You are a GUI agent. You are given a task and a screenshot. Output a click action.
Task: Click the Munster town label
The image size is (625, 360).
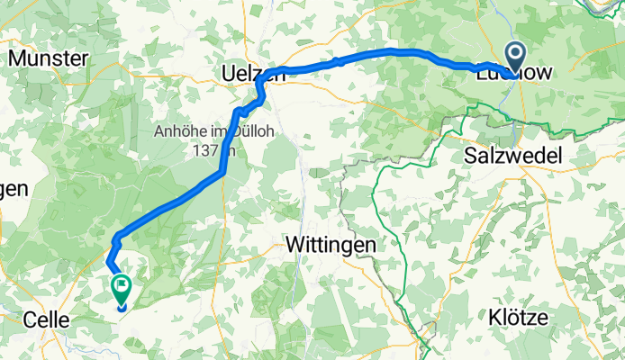[48, 58]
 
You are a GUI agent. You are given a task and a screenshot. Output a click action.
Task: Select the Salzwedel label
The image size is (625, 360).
[512, 156]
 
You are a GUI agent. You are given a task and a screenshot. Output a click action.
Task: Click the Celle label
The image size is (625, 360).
[46, 319]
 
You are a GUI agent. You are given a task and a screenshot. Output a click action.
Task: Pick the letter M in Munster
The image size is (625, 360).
[15, 58]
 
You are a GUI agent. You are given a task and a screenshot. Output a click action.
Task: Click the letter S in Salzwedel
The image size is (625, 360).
[469, 156]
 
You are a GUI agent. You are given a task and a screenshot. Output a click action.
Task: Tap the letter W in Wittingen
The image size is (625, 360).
[293, 244]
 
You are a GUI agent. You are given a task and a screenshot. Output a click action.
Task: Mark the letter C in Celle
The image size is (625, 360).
[28, 319]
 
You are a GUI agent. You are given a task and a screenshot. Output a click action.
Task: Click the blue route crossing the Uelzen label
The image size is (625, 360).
[261, 79]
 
